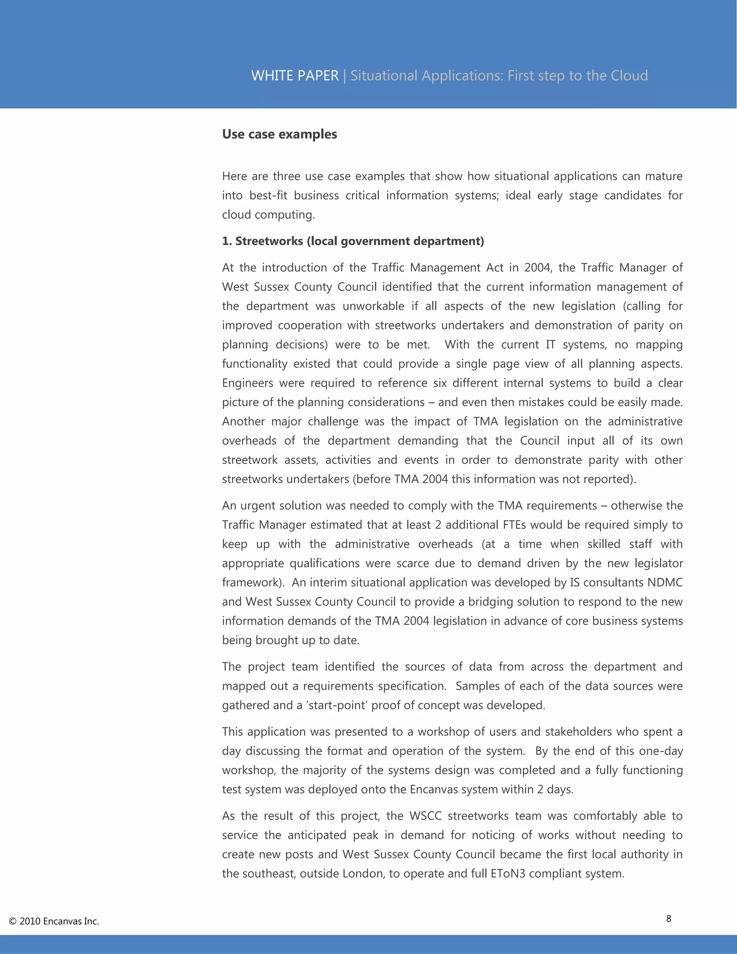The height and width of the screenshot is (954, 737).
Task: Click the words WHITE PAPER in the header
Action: [x=295, y=76]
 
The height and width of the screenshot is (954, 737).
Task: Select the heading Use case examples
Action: [x=279, y=134]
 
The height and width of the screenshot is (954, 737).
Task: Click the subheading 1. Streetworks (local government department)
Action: [x=353, y=241]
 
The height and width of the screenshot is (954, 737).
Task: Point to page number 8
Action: [x=669, y=918]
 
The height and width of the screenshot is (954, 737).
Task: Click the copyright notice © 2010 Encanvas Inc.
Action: [x=54, y=921]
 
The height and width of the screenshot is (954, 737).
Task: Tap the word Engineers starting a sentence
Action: [x=247, y=383]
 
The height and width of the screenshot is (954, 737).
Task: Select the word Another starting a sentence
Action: [x=243, y=422]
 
